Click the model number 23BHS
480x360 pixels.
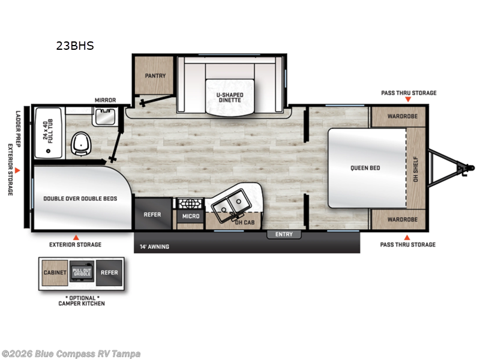point(75,45)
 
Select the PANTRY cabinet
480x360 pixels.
point(155,76)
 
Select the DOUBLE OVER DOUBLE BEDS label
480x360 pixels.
point(80,198)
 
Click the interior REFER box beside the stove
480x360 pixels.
point(153,215)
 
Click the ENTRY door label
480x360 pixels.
point(284,234)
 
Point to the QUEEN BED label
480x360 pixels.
point(365,168)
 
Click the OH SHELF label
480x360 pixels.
point(416,167)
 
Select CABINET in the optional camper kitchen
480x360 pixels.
point(55,272)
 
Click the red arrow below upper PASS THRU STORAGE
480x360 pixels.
point(408,100)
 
